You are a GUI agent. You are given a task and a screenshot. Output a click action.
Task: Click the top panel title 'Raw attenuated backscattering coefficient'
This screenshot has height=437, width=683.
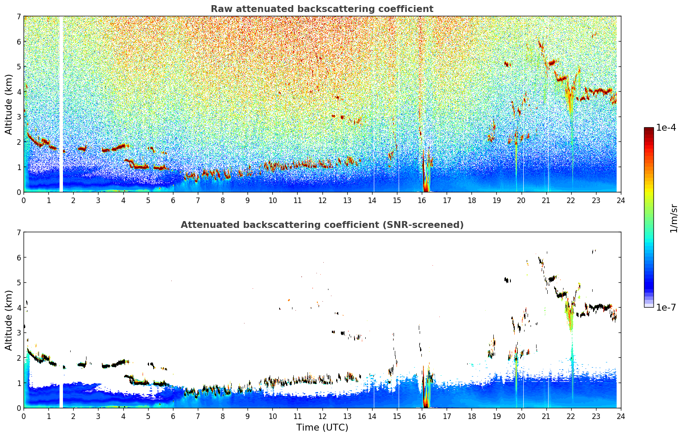322,9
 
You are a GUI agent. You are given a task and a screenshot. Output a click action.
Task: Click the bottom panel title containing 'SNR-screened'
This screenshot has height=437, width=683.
322,225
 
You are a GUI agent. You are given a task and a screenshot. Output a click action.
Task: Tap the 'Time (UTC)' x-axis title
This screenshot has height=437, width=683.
322,428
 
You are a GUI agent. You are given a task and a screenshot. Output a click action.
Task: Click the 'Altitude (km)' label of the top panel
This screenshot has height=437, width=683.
9,104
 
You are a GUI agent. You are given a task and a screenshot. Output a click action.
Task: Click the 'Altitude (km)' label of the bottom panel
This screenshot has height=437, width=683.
9,320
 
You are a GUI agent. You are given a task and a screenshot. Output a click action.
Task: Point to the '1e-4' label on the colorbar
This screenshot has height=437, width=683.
666,128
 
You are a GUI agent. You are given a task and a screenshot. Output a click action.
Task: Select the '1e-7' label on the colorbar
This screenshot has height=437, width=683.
666,307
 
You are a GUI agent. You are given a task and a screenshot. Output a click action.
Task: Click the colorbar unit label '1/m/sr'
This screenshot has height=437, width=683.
674,218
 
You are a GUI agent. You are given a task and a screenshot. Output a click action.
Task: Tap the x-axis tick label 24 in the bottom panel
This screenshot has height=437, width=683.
621,416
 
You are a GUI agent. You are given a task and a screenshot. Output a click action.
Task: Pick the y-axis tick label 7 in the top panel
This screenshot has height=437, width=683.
19,17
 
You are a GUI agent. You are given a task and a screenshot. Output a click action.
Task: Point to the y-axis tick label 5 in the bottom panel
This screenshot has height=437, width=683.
19,283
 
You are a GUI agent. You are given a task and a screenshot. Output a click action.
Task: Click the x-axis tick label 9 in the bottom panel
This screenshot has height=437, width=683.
248,416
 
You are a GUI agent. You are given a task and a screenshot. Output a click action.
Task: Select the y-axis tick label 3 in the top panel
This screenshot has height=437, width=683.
19,117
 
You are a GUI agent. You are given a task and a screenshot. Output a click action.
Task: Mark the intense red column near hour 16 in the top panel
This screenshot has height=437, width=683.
425,176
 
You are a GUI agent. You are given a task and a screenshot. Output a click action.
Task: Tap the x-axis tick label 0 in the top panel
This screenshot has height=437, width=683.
24,200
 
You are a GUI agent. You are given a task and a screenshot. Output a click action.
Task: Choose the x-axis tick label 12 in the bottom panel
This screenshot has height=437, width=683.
322,416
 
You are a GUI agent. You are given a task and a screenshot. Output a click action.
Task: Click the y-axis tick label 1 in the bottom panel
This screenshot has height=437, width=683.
19,383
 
